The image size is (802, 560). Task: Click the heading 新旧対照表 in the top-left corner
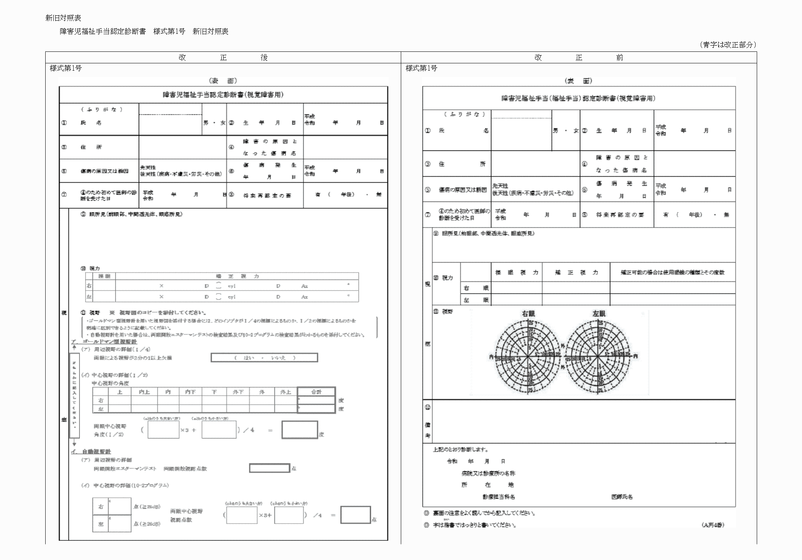coord(63,18)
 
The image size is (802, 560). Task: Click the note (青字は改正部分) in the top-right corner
coord(728,45)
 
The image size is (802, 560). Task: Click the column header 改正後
coord(223,58)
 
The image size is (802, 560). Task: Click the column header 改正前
coord(579,58)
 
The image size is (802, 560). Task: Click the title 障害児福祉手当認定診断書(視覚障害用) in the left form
coord(223,95)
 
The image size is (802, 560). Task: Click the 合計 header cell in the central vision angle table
coord(316,392)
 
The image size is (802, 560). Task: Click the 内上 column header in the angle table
coord(144,392)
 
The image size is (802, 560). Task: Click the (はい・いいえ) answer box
coord(264,358)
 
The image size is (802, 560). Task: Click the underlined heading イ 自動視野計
coord(91,452)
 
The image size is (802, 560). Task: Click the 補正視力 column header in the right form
coord(576,273)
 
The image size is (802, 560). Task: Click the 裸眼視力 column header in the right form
coord(517,273)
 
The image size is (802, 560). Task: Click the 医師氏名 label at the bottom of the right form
coord(622,497)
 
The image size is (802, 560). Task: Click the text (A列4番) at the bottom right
coord(713,525)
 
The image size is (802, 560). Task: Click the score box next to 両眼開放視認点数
coord(270,468)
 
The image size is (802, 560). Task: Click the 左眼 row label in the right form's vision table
coord(476,300)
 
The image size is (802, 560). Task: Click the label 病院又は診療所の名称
coord(488,473)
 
